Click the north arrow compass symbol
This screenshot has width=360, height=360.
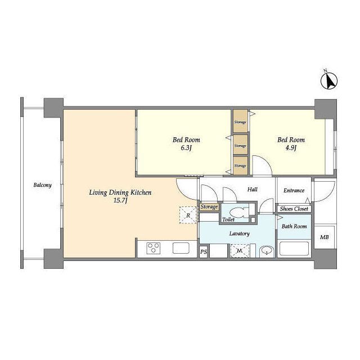tap(328, 80)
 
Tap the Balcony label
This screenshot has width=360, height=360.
tap(43, 185)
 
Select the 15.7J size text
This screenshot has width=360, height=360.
tap(120, 201)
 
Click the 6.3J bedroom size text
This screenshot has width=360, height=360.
tap(186, 148)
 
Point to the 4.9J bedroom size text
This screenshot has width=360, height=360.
tap(291, 148)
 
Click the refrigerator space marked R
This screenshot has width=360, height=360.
tap(188, 215)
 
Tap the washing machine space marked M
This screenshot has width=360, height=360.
tap(240, 251)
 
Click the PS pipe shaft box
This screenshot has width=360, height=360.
tap(204, 252)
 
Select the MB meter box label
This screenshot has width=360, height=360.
tap(324, 237)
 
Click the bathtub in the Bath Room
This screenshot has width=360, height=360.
tap(294, 249)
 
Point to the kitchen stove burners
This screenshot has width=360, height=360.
tap(154, 248)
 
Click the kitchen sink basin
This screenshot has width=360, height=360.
tap(181, 248)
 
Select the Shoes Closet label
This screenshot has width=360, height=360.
tap(294, 209)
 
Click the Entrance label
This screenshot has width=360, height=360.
tap(294, 190)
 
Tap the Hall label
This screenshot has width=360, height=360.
tap(253, 190)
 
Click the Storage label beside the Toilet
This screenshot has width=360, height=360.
tap(209, 207)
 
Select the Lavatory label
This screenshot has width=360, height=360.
tap(239, 234)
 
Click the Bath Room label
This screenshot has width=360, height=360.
tap(294, 226)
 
